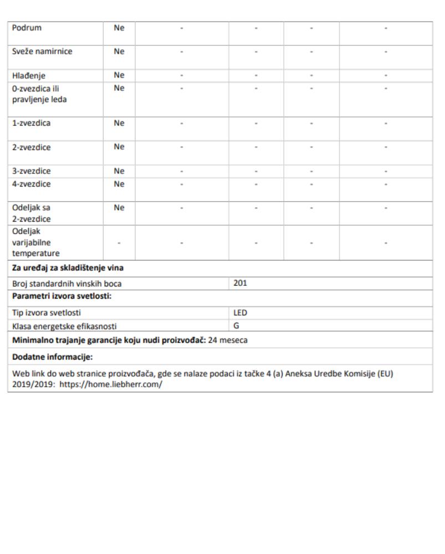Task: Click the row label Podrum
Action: click(27, 28)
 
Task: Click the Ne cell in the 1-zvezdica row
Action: click(119, 124)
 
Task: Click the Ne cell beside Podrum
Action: click(119, 28)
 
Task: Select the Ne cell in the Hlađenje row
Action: click(119, 75)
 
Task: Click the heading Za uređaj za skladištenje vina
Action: click(67, 269)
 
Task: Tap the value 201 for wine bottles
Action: click(239, 284)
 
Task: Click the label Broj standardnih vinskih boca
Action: click(67, 284)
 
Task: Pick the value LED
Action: click(240, 312)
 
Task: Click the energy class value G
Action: click(236, 326)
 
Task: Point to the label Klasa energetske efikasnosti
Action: click(65, 326)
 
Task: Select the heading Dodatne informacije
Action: click(53, 356)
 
